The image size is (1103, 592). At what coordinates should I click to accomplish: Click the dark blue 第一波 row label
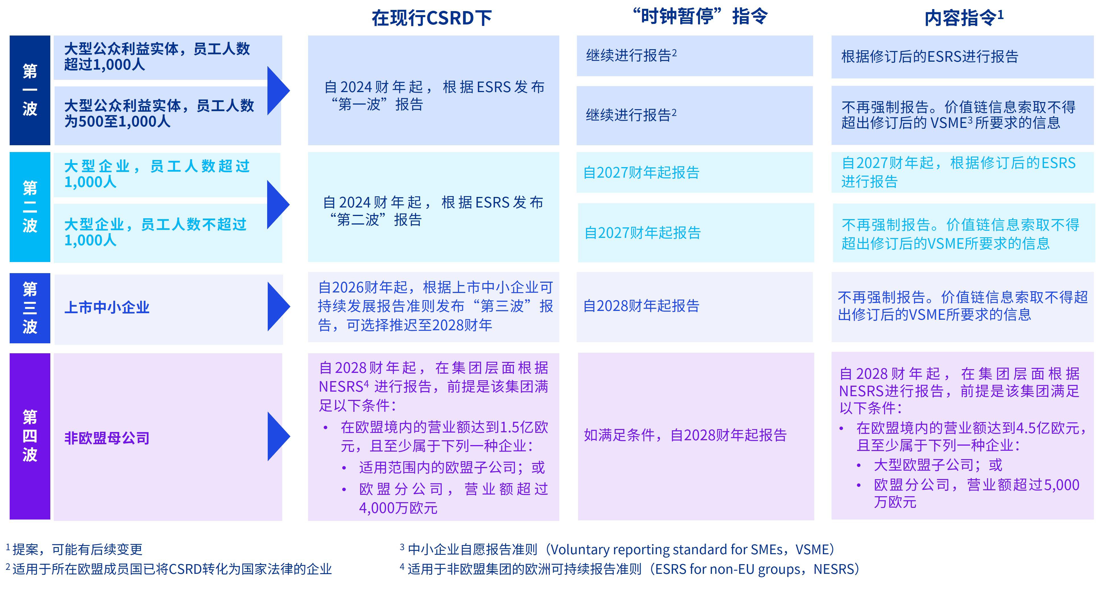coord(30,90)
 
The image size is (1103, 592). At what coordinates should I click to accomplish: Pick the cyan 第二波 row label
coord(30,207)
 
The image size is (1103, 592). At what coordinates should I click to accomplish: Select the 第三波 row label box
coord(30,308)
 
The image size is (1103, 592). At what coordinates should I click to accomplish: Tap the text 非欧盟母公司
coord(107,438)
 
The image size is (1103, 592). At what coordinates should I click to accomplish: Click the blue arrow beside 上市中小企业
coord(277,306)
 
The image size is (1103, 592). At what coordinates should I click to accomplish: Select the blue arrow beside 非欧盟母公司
coord(277,436)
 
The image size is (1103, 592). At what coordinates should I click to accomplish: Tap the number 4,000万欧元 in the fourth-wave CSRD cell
coord(398,508)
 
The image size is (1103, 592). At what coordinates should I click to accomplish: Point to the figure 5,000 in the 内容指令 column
coord(1062,485)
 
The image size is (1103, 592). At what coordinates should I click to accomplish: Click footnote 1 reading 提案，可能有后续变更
coord(77,549)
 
